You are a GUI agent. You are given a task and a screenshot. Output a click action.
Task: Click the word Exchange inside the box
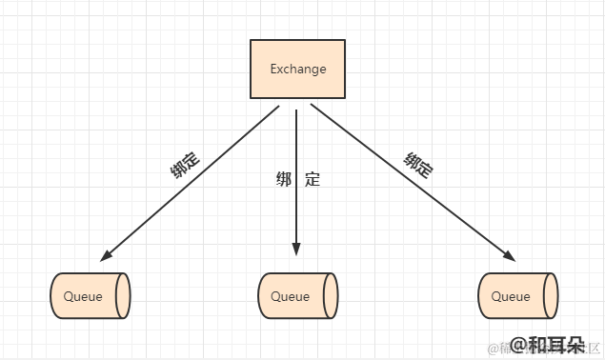298,69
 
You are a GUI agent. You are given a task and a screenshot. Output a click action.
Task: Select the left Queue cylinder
90,296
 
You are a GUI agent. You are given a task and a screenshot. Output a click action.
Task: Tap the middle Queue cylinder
297,296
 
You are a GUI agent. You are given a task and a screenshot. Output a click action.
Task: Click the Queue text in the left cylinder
83,296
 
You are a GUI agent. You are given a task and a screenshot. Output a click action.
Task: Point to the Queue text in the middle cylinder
291,296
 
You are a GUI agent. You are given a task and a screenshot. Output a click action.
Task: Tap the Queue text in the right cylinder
511,296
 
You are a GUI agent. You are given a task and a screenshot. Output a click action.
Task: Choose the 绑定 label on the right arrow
418,165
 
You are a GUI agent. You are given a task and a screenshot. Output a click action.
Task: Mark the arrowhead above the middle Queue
296,249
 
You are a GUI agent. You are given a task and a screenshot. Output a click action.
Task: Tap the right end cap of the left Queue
122,296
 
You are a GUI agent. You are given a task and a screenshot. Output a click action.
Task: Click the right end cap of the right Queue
550,296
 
